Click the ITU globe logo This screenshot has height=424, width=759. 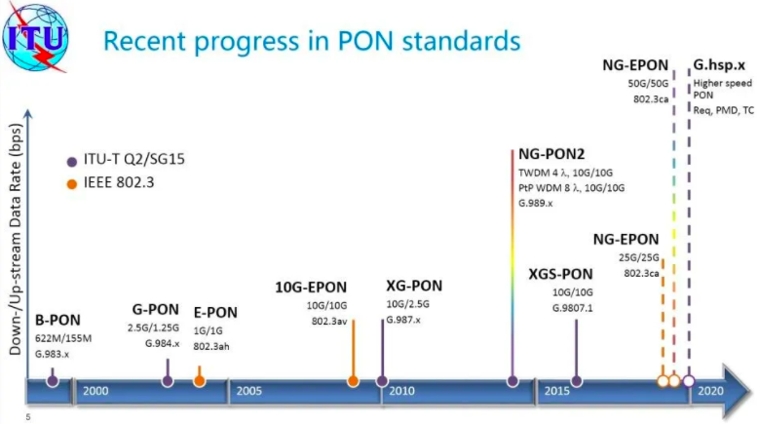(35, 37)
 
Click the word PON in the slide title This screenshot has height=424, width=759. (365, 41)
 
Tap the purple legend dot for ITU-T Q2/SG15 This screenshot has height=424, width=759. (72, 162)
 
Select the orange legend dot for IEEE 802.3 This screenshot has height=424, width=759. (72, 184)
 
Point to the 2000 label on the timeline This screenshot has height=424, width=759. (95, 391)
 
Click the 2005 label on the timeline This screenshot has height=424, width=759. (248, 391)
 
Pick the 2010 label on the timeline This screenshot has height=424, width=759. (401, 391)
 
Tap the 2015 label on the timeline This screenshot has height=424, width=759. (556, 391)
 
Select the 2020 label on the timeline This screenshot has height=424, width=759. (710, 391)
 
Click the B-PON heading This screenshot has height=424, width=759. (57, 320)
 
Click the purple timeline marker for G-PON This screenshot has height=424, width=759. (168, 381)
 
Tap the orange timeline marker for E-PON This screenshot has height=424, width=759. (199, 381)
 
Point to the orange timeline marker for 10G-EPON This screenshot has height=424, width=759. (353, 381)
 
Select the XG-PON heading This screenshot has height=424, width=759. (414, 286)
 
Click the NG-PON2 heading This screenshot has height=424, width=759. (551, 154)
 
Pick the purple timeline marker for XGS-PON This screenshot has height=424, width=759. (576, 381)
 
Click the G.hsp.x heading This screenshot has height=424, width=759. (719, 65)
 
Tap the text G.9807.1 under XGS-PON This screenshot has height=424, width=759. (572, 308)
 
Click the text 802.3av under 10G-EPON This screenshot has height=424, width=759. (329, 321)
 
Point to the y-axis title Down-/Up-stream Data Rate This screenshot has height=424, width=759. (16, 240)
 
